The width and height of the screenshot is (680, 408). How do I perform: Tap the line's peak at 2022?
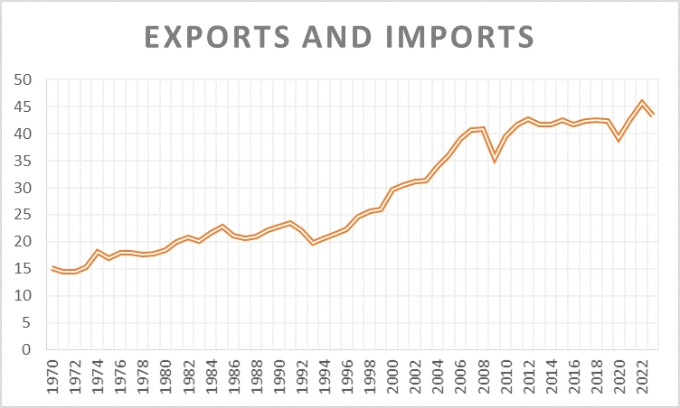click(x=641, y=103)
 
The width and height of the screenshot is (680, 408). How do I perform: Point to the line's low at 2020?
click(x=619, y=138)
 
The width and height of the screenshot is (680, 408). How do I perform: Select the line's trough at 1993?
click(x=313, y=242)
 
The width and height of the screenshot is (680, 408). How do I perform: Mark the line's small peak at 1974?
click(x=98, y=252)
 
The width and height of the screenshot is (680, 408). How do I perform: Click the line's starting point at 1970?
click(x=52, y=269)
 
